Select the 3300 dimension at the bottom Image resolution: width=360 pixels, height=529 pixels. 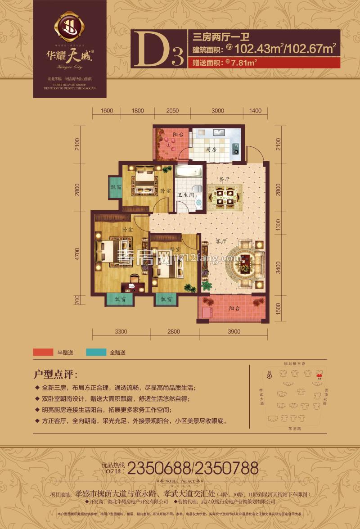click(121, 332)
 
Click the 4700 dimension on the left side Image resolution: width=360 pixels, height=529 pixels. click(78, 254)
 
